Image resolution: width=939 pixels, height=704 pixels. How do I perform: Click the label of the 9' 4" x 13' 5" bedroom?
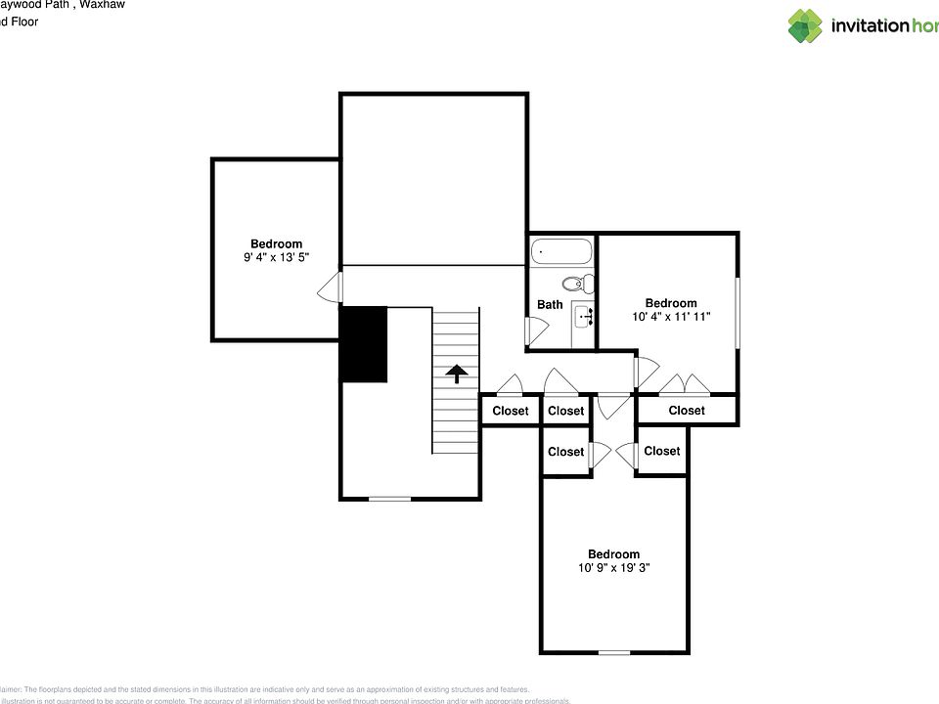(x=276, y=244)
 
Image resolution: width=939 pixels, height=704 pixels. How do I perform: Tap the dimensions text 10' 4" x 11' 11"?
(x=670, y=317)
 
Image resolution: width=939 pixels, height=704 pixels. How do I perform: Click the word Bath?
(x=550, y=305)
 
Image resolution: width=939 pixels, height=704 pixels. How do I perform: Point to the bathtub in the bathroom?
(x=561, y=253)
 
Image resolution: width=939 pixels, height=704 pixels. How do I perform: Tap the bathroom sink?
(x=584, y=316)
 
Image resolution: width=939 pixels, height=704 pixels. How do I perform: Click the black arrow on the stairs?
(x=456, y=374)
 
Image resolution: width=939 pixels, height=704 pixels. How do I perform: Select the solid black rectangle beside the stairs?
(x=364, y=344)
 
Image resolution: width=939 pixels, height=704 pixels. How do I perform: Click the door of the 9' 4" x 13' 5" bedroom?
(x=333, y=287)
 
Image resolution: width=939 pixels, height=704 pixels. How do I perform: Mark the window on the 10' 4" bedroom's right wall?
(x=738, y=312)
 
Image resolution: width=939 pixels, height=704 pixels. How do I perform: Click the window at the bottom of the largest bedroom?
(x=613, y=652)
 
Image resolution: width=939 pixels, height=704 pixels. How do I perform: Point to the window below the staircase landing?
(x=389, y=500)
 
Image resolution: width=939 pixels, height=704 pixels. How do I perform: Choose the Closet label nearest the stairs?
(x=510, y=411)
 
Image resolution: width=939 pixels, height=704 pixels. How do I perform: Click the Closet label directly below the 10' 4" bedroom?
(x=686, y=411)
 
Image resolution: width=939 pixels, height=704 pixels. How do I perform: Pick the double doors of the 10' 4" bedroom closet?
(x=683, y=383)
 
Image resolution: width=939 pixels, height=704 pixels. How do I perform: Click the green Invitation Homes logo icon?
(x=806, y=25)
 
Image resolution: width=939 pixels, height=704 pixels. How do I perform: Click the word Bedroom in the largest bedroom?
(x=613, y=553)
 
